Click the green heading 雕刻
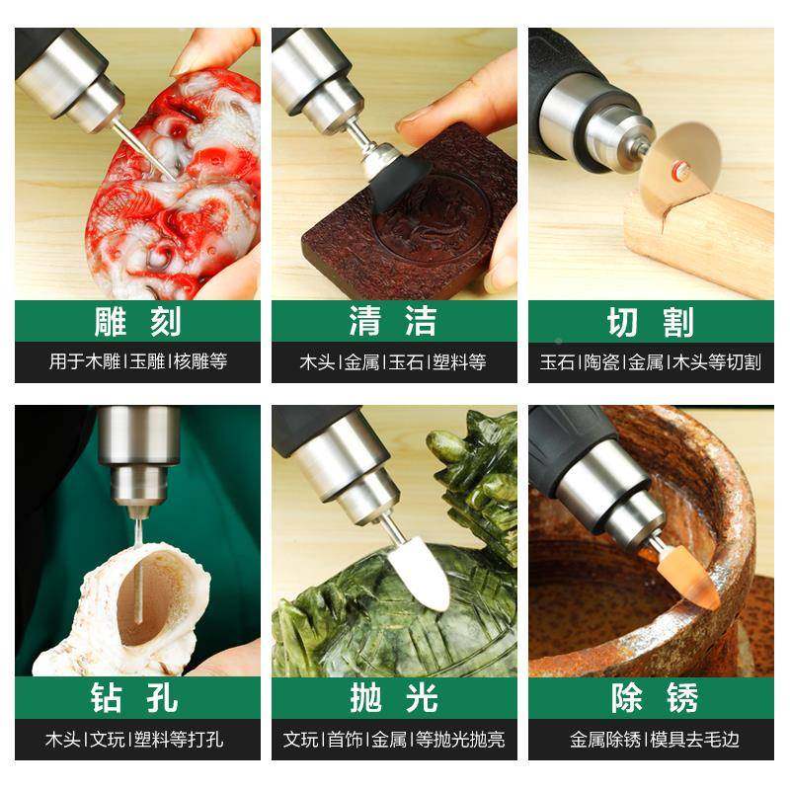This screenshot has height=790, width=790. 137,322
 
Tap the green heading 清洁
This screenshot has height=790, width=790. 394,322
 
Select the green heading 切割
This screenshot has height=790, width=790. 651,322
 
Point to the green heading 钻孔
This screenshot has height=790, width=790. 137,698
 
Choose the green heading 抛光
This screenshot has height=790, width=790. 394,698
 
